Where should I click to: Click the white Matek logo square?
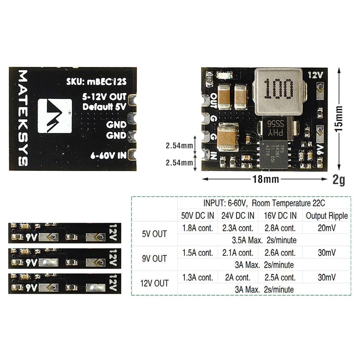point(54,116)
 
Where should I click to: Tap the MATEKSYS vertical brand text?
point(23,118)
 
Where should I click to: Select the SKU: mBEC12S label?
point(96,82)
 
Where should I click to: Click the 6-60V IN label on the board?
point(108,155)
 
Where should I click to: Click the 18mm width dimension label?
point(265,179)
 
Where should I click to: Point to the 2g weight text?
point(339,180)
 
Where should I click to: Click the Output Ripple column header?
point(327,216)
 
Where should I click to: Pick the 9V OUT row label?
point(154,258)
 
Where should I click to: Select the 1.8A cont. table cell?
point(198,228)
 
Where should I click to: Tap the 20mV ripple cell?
point(327,228)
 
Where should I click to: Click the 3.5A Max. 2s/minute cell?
point(264,240)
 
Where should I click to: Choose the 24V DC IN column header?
point(238,216)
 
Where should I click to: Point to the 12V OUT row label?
point(154,283)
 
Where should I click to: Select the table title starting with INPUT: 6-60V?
point(264,203)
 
